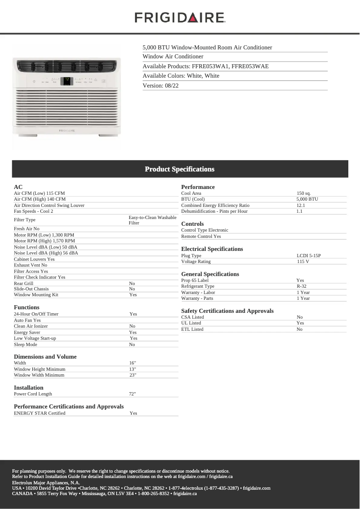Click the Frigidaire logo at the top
point(180,18)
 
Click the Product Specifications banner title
point(180,169)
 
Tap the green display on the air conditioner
point(67,80)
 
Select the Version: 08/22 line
point(161,85)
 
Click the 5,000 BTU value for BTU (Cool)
point(307,199)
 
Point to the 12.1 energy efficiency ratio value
point(301,205)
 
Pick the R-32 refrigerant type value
point(301,286)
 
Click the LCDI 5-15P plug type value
point(308,256)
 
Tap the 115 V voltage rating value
point(303,262)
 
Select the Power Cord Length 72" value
point(132,394)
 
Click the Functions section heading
point(26,307)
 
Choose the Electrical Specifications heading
point(212,249)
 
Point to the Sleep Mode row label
point(26,345)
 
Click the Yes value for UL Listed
point(300,323)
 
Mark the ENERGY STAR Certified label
point(40,413)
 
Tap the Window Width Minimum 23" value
point(132,375)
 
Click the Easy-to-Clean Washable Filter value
point(152,220)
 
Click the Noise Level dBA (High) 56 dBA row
point(46,253)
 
